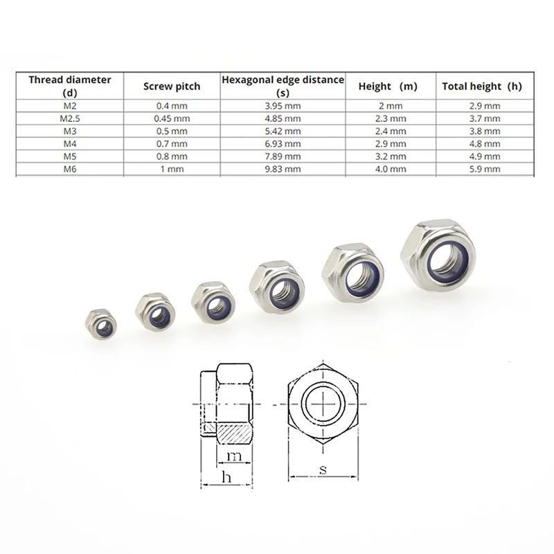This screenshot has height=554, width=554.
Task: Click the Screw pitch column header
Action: point(171,87)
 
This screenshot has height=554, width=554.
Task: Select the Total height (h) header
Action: point(482,87)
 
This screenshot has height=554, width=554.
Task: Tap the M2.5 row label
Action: point(69,118)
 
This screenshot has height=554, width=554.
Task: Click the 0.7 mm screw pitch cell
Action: point(171,143)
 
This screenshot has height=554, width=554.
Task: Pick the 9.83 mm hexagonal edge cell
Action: point(283,168)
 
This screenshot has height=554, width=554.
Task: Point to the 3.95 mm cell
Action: point(283,106)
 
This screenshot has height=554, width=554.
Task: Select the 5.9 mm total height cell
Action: point(482,168)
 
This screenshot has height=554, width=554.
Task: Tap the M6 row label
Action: point(69,168)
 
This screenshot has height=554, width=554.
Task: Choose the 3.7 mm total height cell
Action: point(482,118)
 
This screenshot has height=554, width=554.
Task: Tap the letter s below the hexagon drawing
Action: point(322,470)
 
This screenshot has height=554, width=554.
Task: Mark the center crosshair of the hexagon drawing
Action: point(322,403)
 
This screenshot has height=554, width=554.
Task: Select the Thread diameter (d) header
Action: point(69,86)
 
